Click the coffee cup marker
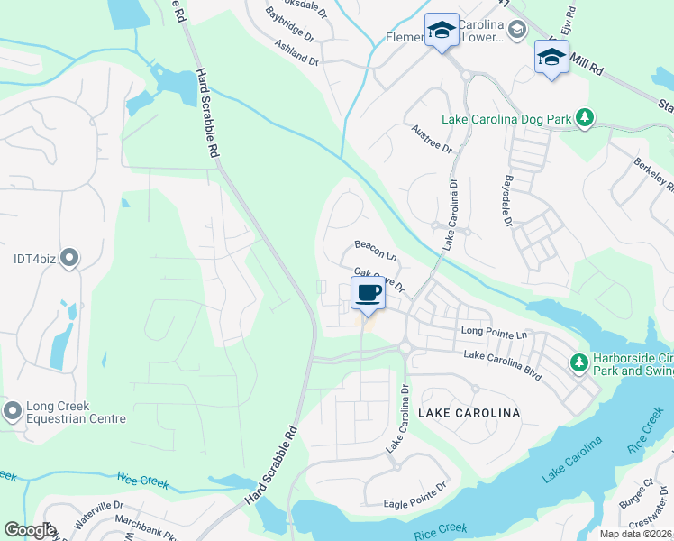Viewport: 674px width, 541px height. coord(368,294)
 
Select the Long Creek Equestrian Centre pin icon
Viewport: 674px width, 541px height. coord(12,412)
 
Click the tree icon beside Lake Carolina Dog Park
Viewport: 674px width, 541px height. coord(586,117)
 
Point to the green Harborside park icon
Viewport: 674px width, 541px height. coord(578,362)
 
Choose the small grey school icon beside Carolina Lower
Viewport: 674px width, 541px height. coord(516,32)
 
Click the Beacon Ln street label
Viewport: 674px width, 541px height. coord(376,247)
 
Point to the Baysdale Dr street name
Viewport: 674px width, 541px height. coord(507,201)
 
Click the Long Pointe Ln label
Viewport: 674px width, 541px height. coord(494,332)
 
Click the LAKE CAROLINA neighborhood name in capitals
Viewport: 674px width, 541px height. coord(469,413)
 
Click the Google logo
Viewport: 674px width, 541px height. coord(30,530)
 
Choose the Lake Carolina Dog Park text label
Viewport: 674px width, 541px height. coord(507,119)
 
